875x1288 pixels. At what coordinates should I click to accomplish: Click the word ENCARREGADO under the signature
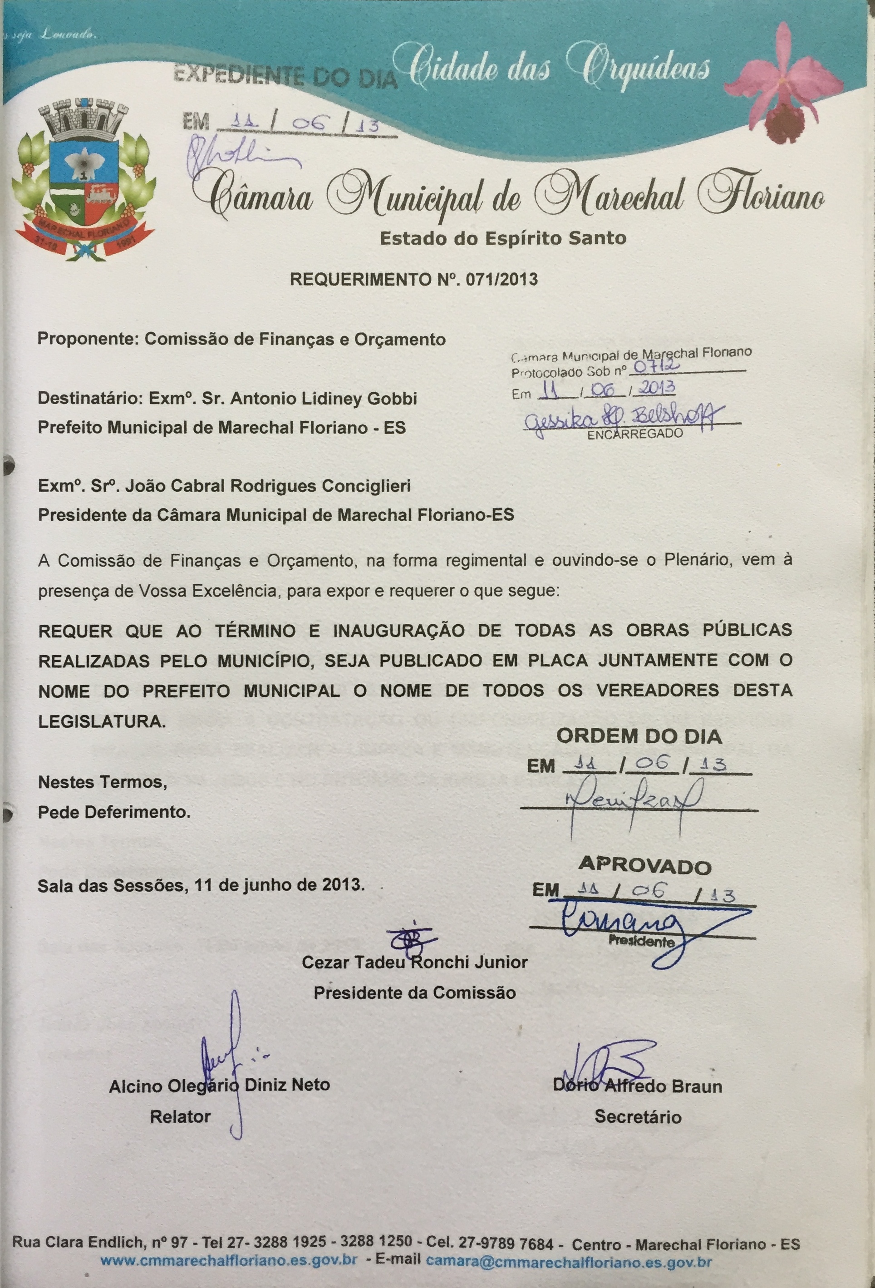point(635,434)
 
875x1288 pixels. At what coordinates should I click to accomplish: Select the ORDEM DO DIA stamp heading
point(639,736)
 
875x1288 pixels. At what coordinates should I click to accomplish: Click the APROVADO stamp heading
point(644,865)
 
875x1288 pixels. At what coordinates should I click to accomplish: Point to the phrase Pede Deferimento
point(113,813)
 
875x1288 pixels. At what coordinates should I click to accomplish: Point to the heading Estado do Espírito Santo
point(502,238)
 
